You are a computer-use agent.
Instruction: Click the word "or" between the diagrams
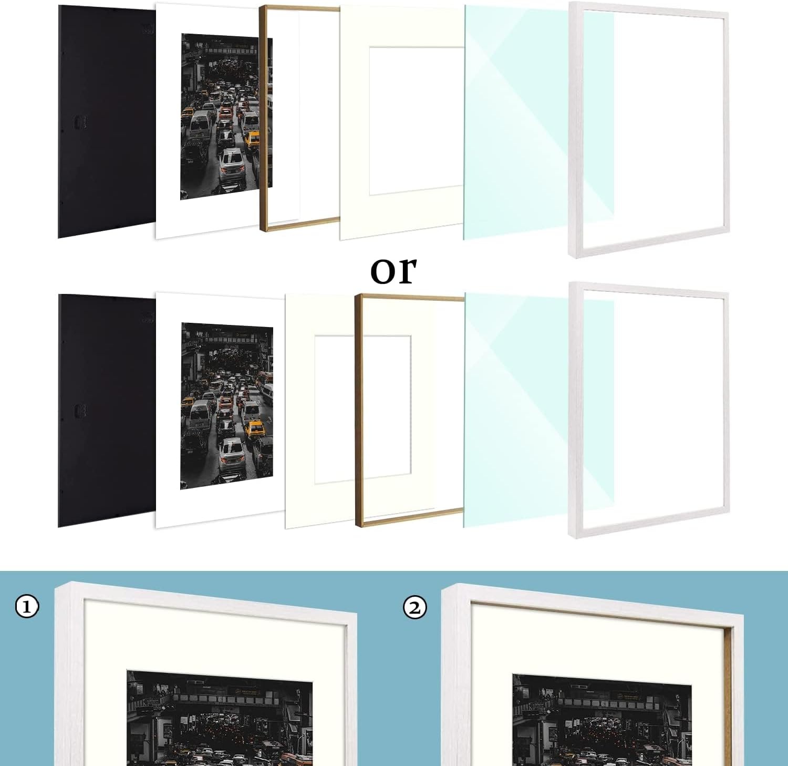(x=393, y=270)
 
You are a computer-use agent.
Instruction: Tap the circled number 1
(x=27, y=607)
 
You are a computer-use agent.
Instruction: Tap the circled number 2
(x=414, y=608)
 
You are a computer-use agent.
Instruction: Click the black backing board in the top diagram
(x=105, y=121)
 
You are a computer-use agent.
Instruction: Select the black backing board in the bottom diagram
(x=105, y=410)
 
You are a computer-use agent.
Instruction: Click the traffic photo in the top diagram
(x=226, y=117)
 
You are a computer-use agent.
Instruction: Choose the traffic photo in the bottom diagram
(x=226, y=405)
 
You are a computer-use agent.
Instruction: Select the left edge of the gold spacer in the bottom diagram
(x=358, y=410)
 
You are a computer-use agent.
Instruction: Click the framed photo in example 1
(x=220, y=718)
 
